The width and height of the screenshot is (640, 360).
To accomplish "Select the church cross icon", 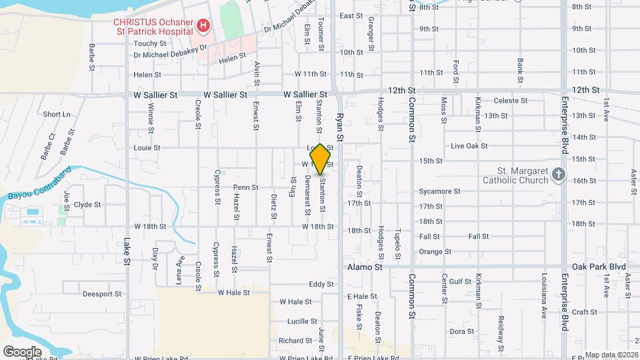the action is [x=559, y=175].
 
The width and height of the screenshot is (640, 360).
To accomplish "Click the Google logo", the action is [x=22, y=351].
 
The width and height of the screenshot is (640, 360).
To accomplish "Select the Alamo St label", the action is [x=365, y=267].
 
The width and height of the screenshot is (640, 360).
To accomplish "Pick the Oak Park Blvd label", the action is [x=599, y=267].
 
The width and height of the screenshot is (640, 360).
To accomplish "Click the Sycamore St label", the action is [x=440, y=191].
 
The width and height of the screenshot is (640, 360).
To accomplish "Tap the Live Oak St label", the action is [x=465, y=146].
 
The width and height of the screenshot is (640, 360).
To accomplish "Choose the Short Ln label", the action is [x=57, y=115].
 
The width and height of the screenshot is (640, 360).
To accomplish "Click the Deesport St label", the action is [x=102, y=293].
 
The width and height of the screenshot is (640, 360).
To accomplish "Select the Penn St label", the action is [x=245, y=187].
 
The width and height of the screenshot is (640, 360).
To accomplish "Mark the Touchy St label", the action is [x=149, y=43].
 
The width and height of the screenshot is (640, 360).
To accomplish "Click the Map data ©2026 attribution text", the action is [x=610, y=355].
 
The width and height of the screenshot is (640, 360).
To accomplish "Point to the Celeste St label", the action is [x=511, y=101].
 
